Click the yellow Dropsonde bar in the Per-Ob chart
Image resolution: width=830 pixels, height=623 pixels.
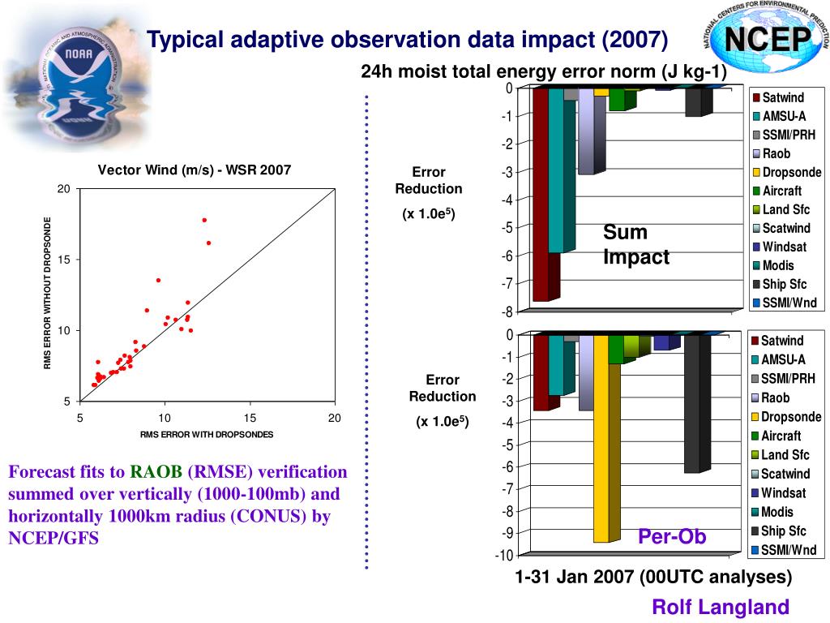pyautogui.click(x=601, y=438)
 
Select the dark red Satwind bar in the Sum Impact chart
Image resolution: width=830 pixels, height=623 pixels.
pyautogui.click(x=541, y=195)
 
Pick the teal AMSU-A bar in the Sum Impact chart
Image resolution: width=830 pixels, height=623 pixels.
pyautogui.click(x=556, y=170)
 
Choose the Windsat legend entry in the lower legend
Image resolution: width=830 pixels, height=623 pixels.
pyautogui.click(x=783, y=493)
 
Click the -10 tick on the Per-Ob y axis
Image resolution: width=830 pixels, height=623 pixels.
pyautogui.click(x=503, y=556)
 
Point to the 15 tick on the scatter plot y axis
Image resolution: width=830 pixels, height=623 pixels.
pyautogui.click(x=64, y=260)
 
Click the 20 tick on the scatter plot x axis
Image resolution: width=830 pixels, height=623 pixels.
pyautogui.click(x=334, y=418)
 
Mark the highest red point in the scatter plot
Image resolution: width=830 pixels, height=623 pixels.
pyautogui.click(x=204, y=220)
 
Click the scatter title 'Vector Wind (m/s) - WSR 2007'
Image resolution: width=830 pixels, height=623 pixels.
pyautogui.click(x=195, y=170)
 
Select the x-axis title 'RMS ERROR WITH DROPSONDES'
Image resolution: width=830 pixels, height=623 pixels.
pyautogui.click(x=207, y=435)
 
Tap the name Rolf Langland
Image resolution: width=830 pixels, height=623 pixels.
pyautogui.click(x=721, y=607)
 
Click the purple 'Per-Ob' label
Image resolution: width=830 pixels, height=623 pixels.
pyautogui.click(x=672, y=537)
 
